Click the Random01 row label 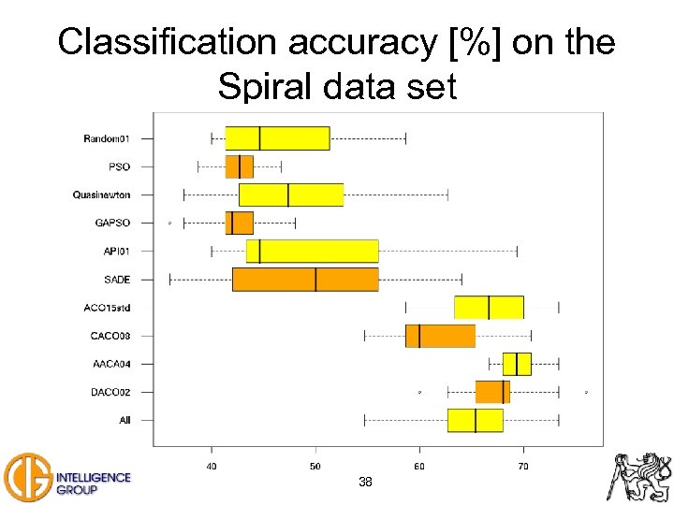point(107,138)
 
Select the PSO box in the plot point(239,166)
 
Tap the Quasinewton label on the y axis point(101,195)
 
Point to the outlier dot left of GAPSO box point(169,223)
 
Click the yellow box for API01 point(312,251)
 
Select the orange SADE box point(305,280)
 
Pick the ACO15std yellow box point(489,308)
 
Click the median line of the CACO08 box point(419,336)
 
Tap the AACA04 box point(517,364)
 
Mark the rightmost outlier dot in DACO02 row point(586,392)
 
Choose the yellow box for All point(475,420)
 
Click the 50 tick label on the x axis point(315,465)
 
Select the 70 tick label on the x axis point(523,465)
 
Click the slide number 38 point(365,483)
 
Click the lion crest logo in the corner point(640,476)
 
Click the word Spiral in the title point(266,87)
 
